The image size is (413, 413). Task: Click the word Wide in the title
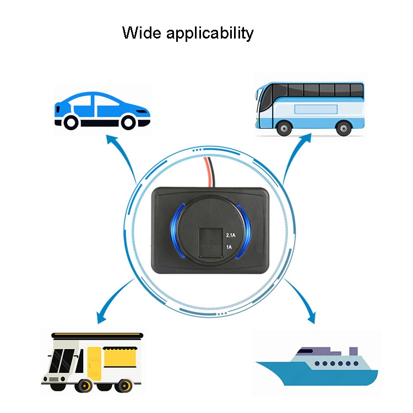(x=142, y=32)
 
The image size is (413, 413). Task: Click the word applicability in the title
(x=210, y=34)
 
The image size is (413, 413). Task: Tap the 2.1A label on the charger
(x=231, y=235)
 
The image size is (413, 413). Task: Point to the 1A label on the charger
(x=229, y=247)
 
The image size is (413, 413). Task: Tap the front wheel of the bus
(x=284, y=128)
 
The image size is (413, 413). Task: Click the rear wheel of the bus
(x=344, y=128)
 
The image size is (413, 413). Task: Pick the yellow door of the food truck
(x=94, y=363)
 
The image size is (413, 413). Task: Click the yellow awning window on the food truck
(x=121, y=357)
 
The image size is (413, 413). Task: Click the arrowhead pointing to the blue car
(x=111, y=139)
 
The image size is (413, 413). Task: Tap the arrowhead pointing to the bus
(x=306, y=138)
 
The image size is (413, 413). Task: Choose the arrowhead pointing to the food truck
(x=101, y=318)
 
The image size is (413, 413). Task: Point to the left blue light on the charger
(x=176, y=231)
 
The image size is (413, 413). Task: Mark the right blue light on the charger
(x=244, y=231)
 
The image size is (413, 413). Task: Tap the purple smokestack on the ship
(x=353, y=351)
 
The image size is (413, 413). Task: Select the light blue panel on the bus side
(x=316, y=109)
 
